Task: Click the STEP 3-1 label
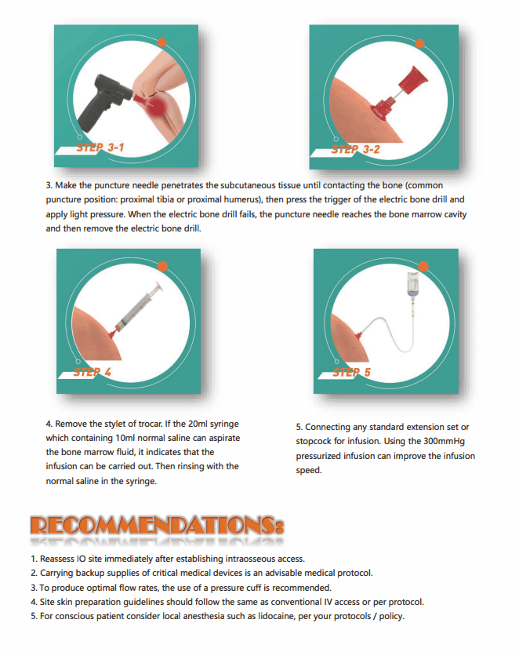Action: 100,148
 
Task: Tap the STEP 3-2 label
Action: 356,149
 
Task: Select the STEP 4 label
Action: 93,372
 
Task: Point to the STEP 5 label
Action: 352,373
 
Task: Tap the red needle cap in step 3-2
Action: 413,80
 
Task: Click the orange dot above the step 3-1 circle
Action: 162,42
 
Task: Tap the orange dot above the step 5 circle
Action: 423,267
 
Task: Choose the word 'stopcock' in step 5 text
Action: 314,441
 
